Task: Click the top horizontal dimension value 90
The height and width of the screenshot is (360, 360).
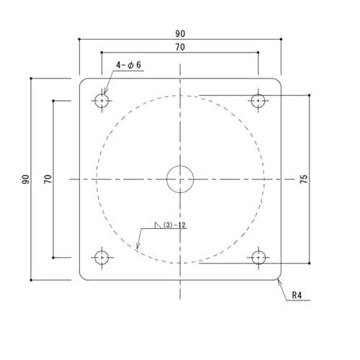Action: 179,32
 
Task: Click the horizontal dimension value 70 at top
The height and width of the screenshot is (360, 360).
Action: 179,47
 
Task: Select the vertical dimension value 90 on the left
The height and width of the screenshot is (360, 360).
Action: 25,179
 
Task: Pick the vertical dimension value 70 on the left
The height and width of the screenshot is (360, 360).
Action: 48,179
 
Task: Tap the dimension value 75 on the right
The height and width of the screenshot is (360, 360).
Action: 303,179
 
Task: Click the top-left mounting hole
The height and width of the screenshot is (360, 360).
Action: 102,100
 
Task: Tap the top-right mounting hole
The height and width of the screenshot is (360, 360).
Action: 258,100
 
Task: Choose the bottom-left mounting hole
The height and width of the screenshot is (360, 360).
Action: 102,257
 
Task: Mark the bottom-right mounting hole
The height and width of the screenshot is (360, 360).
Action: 258,257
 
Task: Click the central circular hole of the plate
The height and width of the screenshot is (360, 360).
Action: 180,179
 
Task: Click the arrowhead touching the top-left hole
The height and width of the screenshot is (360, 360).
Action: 105,93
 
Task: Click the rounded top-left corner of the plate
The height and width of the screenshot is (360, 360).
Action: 81,80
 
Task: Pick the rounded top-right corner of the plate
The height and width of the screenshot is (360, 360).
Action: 279,80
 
